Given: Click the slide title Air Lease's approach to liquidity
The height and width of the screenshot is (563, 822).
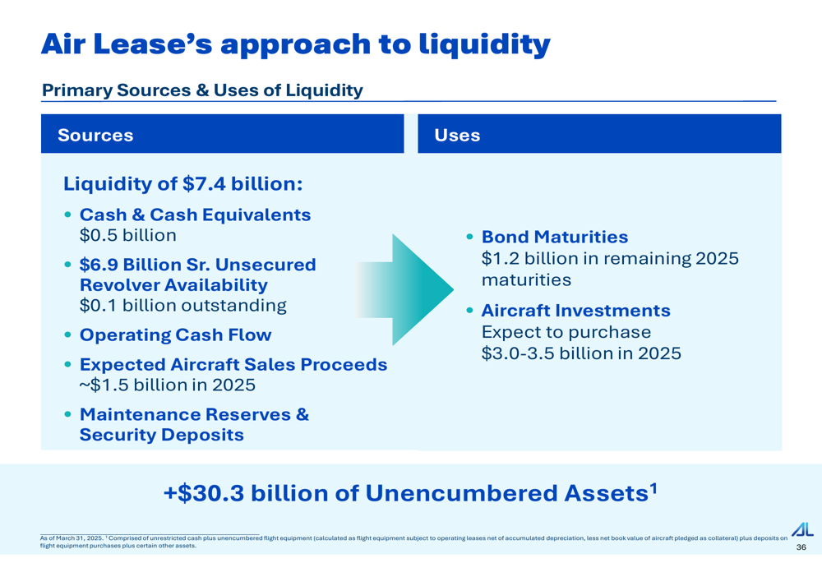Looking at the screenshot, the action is (x=296, y=44).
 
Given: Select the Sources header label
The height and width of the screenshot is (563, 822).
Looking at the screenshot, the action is (x=95, y=136).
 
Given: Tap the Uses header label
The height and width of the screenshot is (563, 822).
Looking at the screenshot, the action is (x=457, y=136).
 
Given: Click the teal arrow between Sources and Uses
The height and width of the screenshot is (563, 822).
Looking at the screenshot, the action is (x=404, y=289).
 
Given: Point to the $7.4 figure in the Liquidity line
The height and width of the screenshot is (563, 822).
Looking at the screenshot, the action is (x=204, y=184).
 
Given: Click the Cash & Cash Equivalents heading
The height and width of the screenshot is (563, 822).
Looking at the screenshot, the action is (x=195, y=215).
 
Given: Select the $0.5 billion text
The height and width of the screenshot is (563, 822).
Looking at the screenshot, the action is (x=128, y=235).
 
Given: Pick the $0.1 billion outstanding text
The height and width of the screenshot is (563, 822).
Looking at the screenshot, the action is (x=183, y=305).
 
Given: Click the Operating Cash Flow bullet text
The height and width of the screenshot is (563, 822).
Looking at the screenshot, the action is (x=176, y=335).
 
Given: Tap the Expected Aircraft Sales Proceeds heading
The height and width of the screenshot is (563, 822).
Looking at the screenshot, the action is (x=233, y=364).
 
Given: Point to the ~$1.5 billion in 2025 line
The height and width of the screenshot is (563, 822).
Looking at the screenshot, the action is (x=167, y=385).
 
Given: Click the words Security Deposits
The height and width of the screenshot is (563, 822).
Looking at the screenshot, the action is (x=161, y=435).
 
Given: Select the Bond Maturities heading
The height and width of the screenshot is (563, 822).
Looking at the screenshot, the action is (x=555, y=237).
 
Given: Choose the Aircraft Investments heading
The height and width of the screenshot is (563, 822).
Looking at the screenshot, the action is (x=575, y=311).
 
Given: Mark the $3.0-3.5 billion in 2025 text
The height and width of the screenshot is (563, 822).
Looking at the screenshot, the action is (x=581, y=353).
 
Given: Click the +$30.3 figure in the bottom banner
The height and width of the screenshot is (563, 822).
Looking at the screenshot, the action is (x=204, y=493).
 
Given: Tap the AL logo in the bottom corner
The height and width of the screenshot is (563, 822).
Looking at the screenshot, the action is (x=802, y=529).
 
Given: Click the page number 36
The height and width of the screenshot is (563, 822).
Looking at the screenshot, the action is (x=801, y=547).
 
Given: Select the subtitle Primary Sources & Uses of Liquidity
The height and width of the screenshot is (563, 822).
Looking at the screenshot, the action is (x=202, y=90).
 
